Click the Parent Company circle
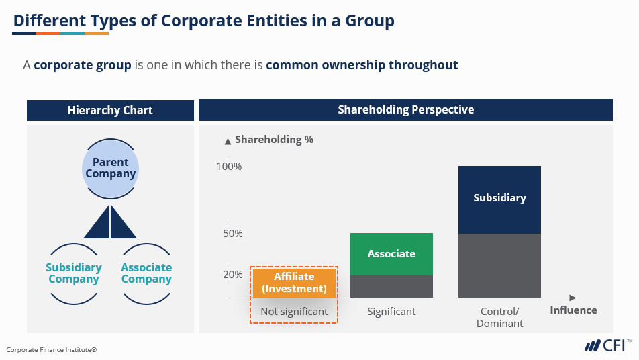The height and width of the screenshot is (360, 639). tap(110, 168)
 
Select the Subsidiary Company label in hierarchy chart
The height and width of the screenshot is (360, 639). tap(74, 273)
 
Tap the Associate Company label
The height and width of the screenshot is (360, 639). tap(146, 273)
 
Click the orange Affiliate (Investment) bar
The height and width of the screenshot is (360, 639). tap(294, 283)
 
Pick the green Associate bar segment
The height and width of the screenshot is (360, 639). tap(391, 254)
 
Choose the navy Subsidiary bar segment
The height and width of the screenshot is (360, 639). tap(499, 199)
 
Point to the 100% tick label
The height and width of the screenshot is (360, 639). tap(230, 166)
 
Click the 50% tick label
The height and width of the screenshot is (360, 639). tap(232, 234)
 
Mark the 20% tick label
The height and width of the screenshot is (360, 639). tap(232, 274)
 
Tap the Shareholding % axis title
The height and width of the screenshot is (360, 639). tap(274, 140)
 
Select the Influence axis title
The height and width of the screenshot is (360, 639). tap(573, 310)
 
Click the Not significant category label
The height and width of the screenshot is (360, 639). tap(294, 312)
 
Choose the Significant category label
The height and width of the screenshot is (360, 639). tap(391, 312)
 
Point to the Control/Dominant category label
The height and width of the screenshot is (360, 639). tap(499, 317)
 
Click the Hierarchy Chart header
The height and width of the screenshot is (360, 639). tap(110, 110)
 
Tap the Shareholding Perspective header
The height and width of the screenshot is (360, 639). tap(405, 109)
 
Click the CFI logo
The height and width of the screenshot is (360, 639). tap(607, 345)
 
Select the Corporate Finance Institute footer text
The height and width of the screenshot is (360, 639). tap(52, 349)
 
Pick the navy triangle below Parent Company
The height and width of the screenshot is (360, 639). tap(110, 222)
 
